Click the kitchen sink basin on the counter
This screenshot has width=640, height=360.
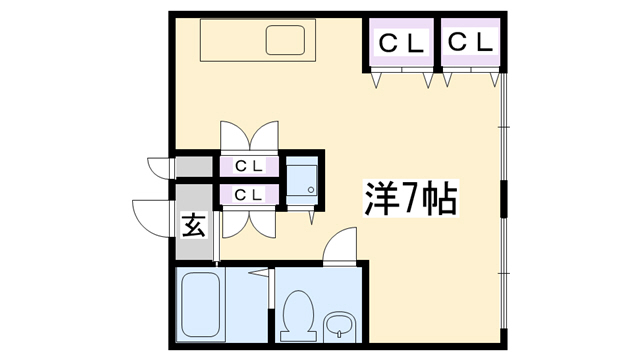coord(286,42)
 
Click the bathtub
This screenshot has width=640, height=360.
coord(200,306)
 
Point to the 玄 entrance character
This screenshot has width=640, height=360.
coord(194,226)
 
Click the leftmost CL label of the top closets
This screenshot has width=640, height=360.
coord(401,42)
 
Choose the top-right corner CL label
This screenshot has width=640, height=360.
coord(470,42)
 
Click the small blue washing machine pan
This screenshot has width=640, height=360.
coord(302,180)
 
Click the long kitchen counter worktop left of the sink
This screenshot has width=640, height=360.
coord(231,42)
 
